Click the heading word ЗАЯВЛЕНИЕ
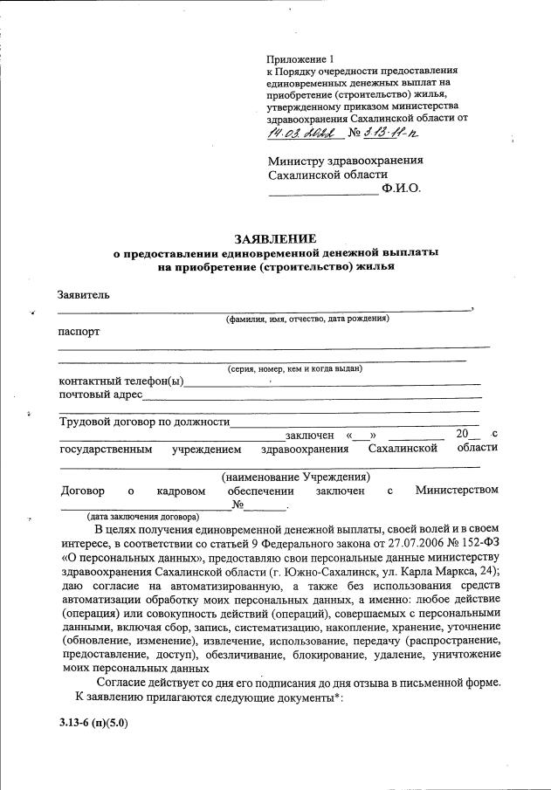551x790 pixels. click(275, 238)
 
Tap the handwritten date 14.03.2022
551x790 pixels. click(304, 133)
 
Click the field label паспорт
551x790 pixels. click(79, 333)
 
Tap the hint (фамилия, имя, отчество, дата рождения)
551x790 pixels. click(306, 319)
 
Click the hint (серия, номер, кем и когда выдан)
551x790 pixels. click(294, 369)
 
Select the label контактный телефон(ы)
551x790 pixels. click(121, 381)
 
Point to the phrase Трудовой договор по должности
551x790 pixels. click(143, 422)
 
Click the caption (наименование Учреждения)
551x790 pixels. click(295, 477)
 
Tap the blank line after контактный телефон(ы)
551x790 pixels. click(332, 383)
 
